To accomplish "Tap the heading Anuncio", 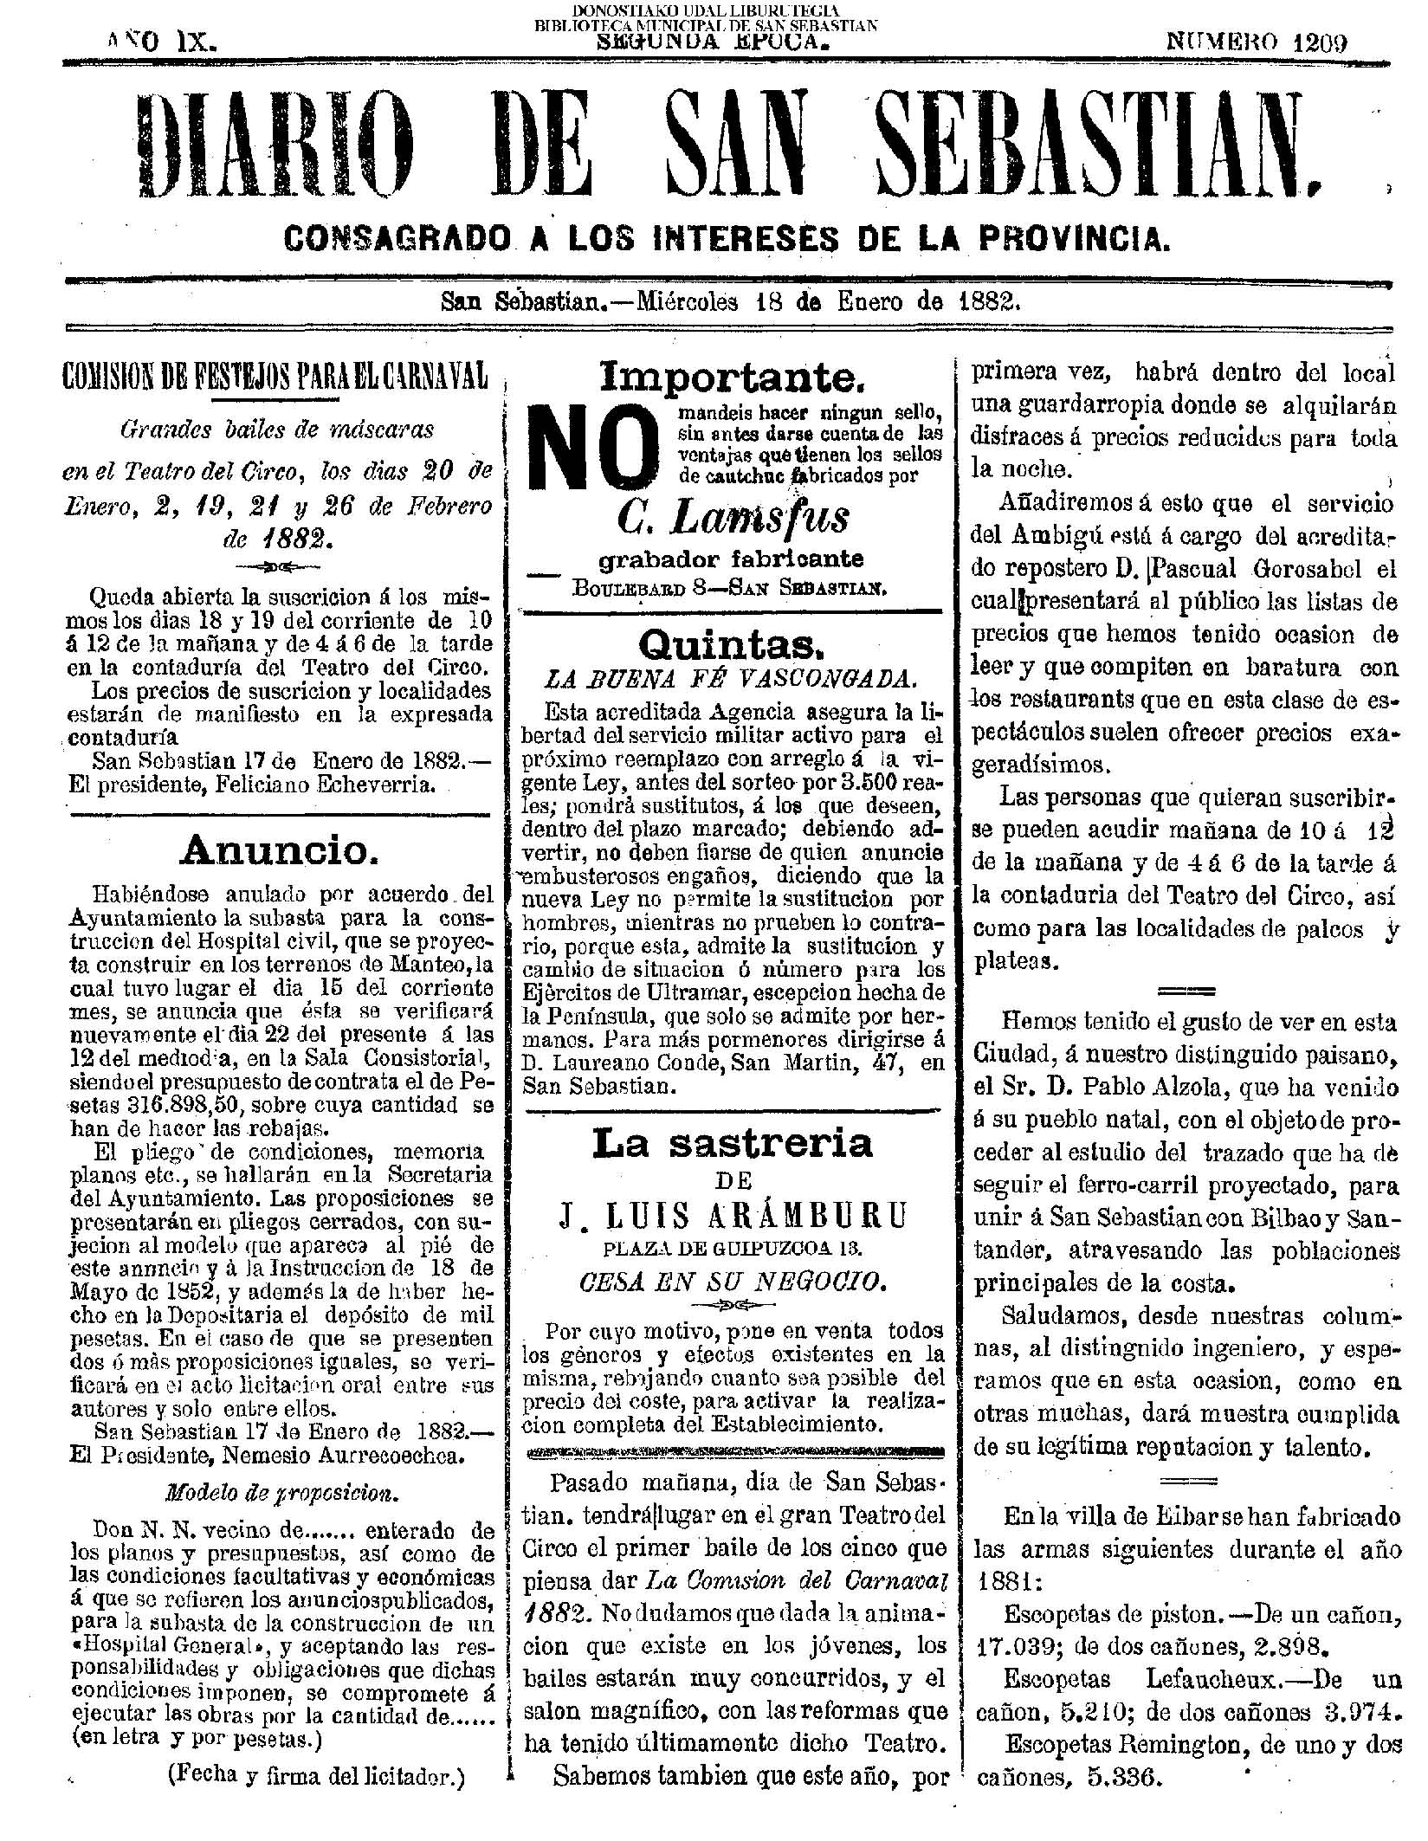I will point(278,852).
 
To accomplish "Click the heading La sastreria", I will point(733,1144).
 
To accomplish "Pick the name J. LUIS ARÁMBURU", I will point(732,1216).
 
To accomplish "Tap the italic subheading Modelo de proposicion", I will point(281,1493).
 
